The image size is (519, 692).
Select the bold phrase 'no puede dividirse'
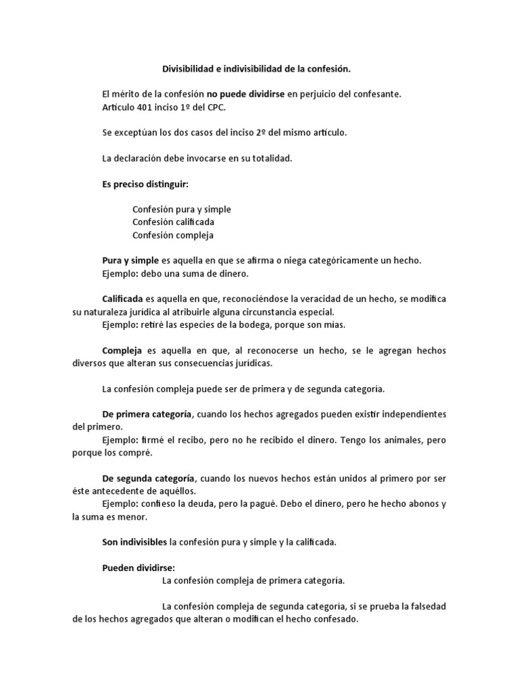tap(245, 95)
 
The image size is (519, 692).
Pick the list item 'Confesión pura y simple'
tap(181, 209)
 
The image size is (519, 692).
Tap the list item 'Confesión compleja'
tap(172, 235)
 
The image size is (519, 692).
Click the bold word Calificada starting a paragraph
tap(122, 299)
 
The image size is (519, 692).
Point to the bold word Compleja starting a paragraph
tap(120, 350)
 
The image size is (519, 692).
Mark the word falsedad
tap(426, 606)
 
